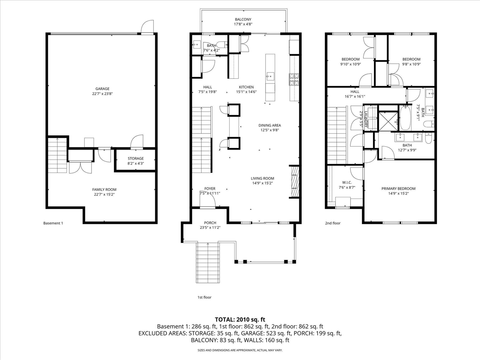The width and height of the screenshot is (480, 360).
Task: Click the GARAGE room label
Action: pyautogui.click(x=102, y=89)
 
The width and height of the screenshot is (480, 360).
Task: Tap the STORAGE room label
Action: pyautogui.click(x=135, y=159)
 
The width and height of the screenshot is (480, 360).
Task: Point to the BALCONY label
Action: pyautogui.click(x=243, y=19)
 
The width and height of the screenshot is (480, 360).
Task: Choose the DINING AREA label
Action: pyautogui.click(x=269, y=126)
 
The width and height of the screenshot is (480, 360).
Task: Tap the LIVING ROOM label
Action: pyautogui.click(x=262, y=178)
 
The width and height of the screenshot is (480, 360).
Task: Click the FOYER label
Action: pyautogui.click(x=210, y=189)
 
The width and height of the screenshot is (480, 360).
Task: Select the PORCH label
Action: pyautogui.click(x=210, y=223)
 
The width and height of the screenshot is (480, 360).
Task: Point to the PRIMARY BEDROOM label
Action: pyautogui.click(x=398, y=189)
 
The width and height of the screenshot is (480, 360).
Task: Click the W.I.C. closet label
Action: pyautogui.click(x=346, y=183)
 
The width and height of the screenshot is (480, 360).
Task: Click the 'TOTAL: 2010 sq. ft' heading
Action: pyautogui.click(x=240, y=319)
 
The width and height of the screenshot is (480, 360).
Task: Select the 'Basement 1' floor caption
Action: pyautogui.click(x=53, y=223)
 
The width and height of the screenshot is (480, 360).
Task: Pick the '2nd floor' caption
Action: pyautogui.click(x=333, y=223)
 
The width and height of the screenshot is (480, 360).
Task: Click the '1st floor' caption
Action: pyautogui.click(x=204, y=297)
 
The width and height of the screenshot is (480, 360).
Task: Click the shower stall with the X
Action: pyautogui.click(x=388, y=121)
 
